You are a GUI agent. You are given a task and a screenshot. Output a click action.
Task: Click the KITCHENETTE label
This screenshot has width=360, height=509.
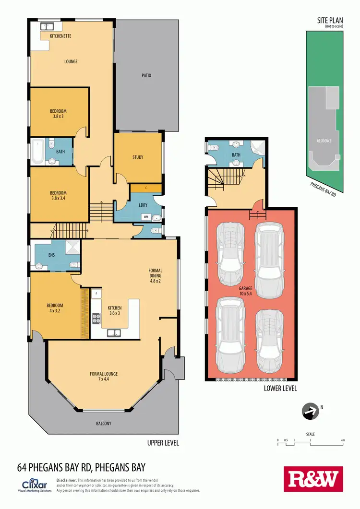point(61,36)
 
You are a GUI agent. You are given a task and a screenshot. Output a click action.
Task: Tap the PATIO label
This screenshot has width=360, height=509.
point(146,75)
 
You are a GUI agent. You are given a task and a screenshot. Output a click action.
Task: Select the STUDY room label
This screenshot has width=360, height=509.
point(138,157)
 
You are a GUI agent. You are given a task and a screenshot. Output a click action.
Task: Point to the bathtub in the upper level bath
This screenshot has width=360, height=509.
point(38,152)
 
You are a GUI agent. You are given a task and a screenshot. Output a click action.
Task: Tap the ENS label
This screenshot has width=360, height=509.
point(51,255)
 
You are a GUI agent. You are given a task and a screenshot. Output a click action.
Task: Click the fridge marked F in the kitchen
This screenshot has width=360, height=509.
point(96,293)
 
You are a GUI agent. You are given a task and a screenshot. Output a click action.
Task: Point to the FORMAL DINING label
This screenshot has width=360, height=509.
point(155,273)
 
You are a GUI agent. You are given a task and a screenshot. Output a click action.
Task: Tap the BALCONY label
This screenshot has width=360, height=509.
point(103,423)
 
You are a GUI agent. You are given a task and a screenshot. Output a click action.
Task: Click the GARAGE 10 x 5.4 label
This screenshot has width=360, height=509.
point(245,290)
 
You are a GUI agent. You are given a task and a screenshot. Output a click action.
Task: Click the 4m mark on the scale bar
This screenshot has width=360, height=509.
point(343,440)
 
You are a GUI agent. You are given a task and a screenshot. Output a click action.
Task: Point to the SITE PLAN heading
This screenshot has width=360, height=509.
point(330,21)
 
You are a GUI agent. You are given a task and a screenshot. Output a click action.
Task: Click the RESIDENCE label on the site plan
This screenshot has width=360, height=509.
point(324,141)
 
